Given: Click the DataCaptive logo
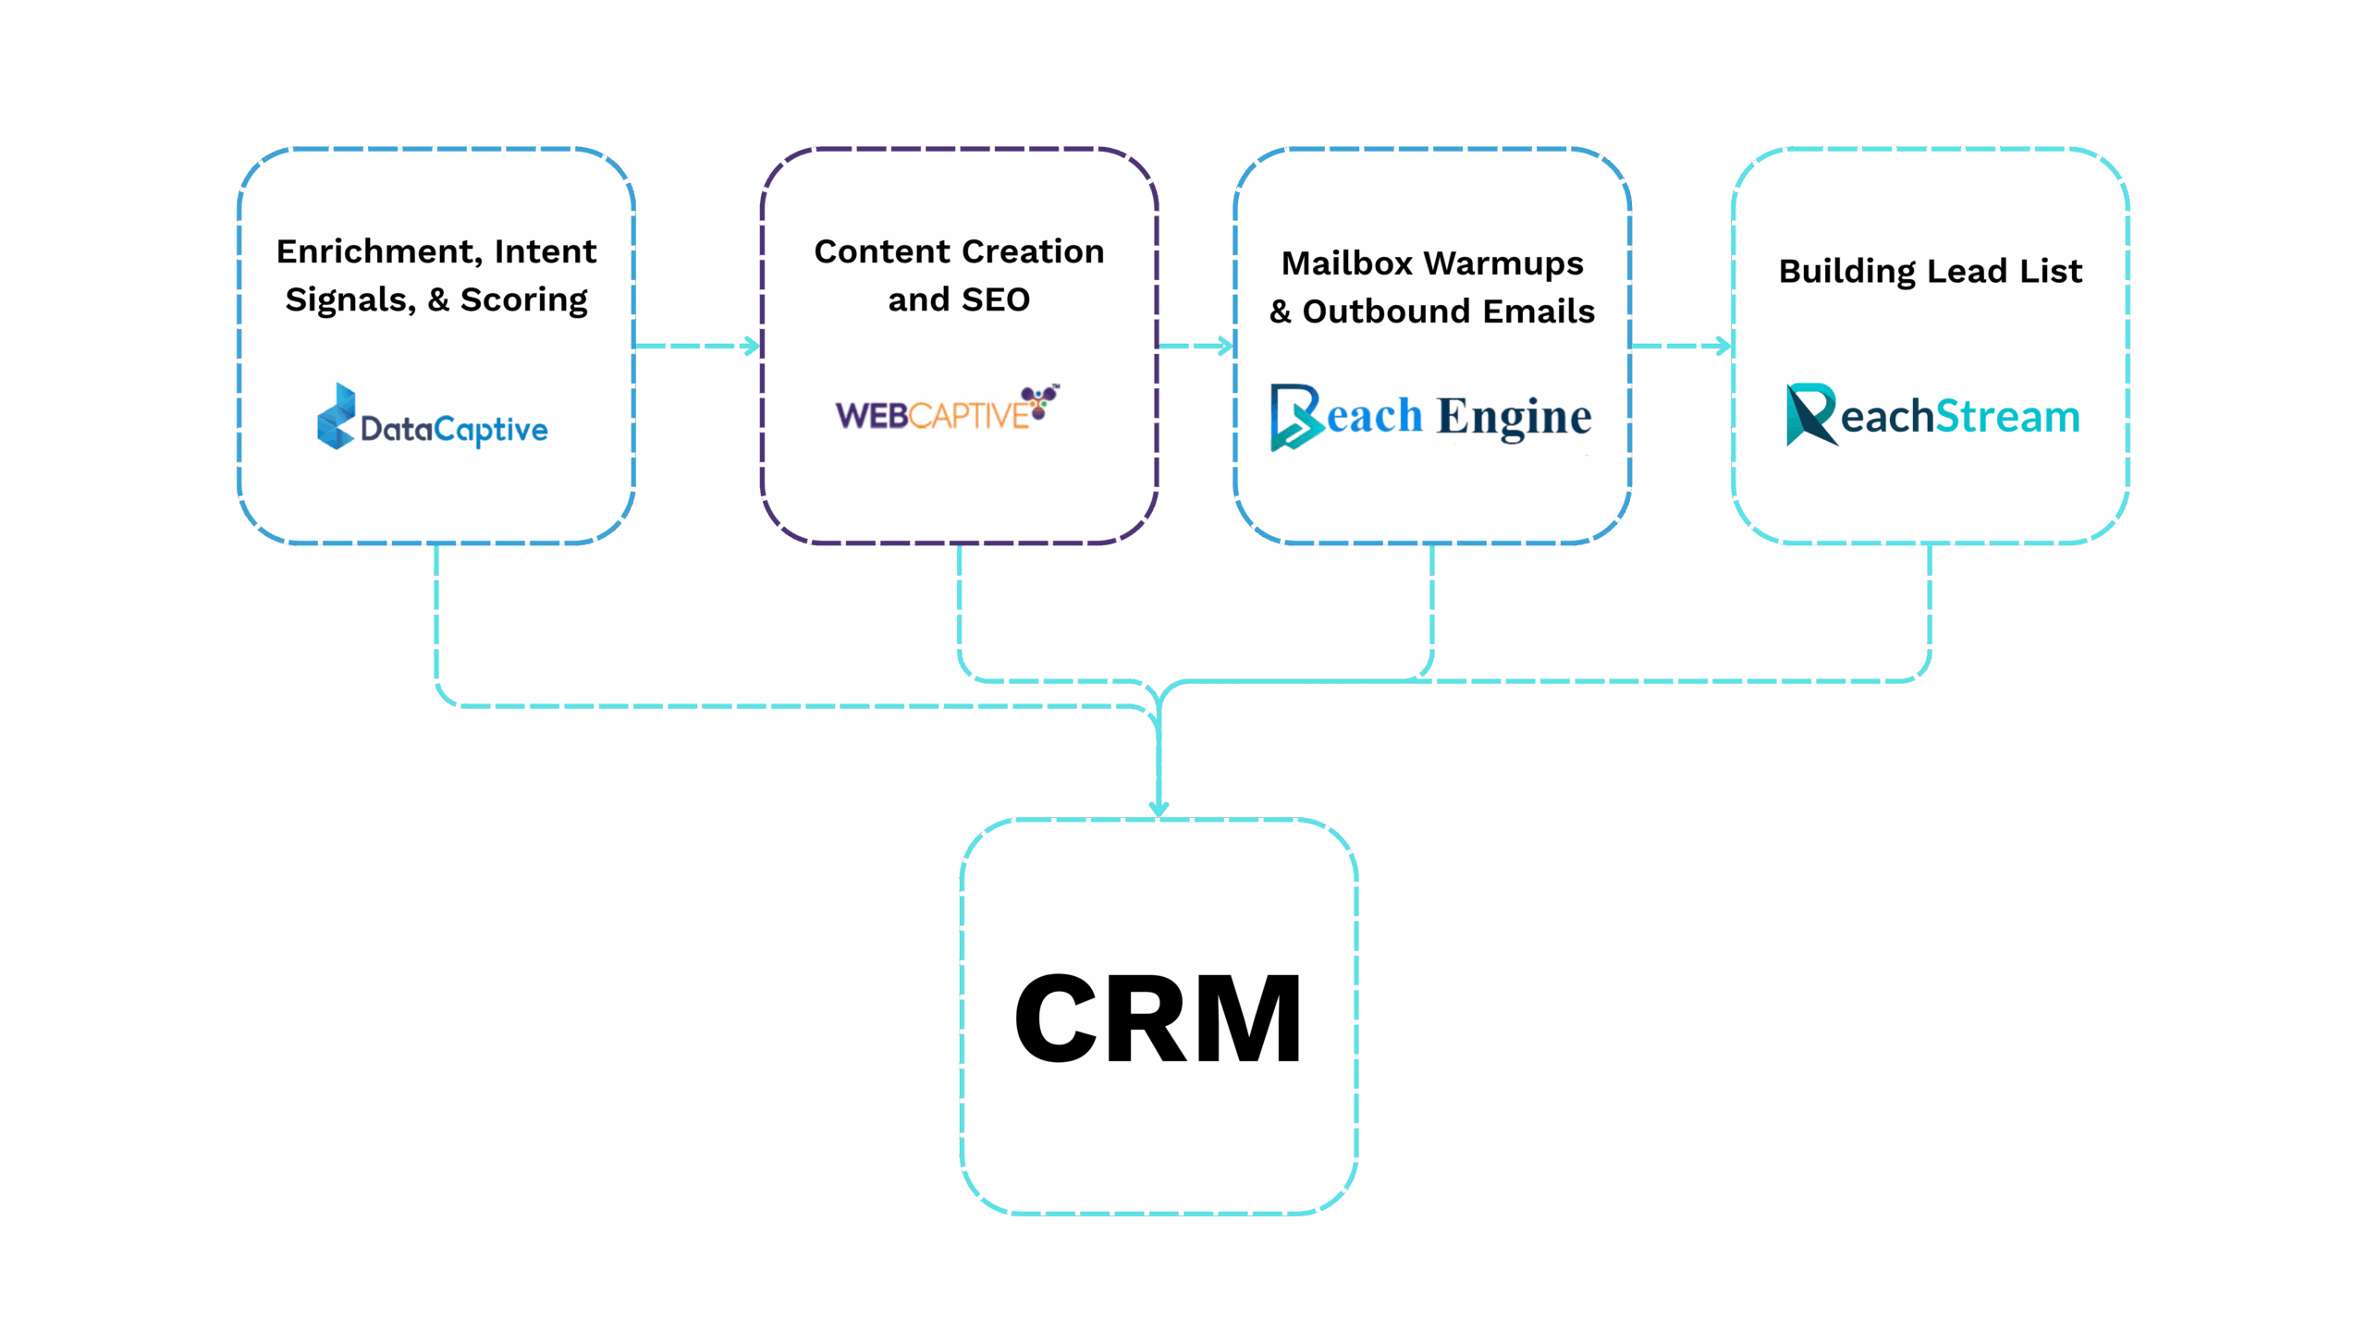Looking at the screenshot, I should point(433,418).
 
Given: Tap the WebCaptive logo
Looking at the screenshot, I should point(947,410).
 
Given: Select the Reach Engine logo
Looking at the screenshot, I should point(1430,416).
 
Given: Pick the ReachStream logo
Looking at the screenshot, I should point(1932,415).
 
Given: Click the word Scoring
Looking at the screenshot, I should point(523,299).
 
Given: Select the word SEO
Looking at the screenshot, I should point(995,299).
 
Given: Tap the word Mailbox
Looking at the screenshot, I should point(1346,263).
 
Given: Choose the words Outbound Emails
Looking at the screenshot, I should point(1448,311).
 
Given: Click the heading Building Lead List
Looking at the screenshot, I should point(1931,271).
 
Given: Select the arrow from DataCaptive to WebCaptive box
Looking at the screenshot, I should point(698,346).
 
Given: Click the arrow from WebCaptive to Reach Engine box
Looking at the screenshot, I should point(1196,346).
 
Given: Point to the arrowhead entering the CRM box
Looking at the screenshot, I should point(1159,808).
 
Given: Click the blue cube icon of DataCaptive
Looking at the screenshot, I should point(336,417).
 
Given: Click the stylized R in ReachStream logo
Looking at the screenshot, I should point(1809,414).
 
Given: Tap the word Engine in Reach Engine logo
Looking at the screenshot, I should point(1514,417).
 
